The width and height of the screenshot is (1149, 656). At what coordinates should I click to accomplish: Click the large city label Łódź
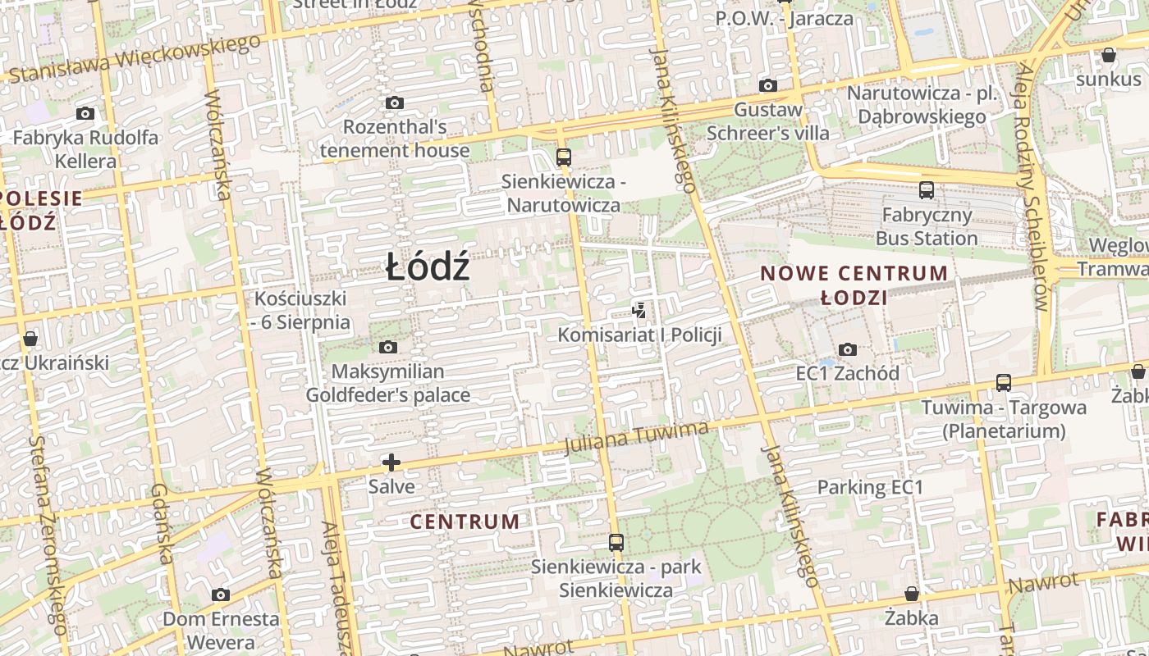tap(428, 267)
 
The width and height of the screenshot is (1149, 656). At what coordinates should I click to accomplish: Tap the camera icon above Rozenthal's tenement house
tap(395, 102)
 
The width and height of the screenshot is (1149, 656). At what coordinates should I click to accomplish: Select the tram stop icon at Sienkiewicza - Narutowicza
tap(563, 157)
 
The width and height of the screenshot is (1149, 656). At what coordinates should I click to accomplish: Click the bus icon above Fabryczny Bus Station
tap(927, 190)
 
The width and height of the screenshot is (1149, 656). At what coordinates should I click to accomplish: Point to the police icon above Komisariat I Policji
tap(639, 310)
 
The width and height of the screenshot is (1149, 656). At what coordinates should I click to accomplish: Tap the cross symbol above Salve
tap(391, 462)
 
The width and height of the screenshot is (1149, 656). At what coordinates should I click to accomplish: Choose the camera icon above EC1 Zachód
tap(848, 350)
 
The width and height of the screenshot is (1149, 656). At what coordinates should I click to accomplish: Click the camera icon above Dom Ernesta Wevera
tap(220, 594)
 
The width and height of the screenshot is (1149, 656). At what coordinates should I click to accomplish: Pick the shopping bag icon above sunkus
tap(1108, 56)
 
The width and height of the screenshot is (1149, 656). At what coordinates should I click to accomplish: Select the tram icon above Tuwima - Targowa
tap(1003, 383)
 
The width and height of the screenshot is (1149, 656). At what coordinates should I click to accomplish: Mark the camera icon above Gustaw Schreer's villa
tap(768, 85)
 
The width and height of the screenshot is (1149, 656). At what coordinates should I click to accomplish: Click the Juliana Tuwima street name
tap(637, 437)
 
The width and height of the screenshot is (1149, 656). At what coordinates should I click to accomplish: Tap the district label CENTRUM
tap(465, 522)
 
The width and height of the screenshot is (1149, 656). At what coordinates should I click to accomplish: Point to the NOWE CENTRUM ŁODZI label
tap(854, 285)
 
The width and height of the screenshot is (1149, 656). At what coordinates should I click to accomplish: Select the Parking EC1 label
tap(870, 487)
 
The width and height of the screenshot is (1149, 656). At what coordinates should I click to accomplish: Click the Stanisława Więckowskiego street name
tap(135, 59)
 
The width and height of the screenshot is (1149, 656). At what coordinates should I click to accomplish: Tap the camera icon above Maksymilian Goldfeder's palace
tap(388, 348)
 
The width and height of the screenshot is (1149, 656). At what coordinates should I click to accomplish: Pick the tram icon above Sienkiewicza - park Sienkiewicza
tap(616, 542)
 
